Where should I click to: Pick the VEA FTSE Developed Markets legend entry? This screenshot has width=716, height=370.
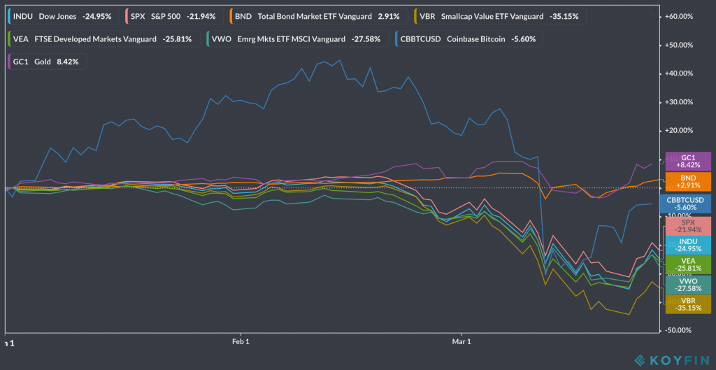[100, 38]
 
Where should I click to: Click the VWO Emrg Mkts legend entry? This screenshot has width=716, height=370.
[294, 38]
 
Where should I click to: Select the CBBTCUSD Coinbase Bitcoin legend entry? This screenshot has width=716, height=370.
[467, 38]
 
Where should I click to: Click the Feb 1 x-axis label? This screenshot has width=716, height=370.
[241, 342]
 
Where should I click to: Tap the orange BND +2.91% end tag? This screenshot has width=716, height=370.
[688, 183]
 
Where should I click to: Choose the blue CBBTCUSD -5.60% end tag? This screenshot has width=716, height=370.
[688, 204]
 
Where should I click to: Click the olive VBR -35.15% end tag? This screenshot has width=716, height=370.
[688, 304]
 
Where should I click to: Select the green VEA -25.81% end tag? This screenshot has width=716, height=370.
[688, 264]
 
